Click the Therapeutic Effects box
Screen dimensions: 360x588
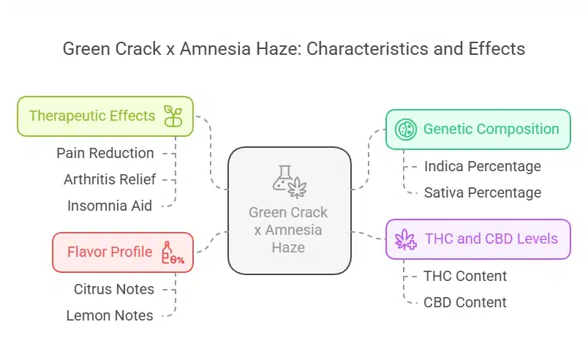click(x=105, y=116)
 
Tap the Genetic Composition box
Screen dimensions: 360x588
click(x=478, y=130)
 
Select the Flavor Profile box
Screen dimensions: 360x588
click(x=122, y=252)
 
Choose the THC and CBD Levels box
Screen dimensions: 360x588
click(x=478, y=239)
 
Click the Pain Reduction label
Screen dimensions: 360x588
click(x=105, y=154)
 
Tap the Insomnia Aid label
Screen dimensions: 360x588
click(x=110, y=206)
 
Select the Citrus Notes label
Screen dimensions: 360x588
click(x=114, y=289)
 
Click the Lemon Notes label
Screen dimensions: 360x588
click(x=110, y=315)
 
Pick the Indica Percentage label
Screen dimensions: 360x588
click(x=483, y=166)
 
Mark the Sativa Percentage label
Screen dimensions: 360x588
click(x=483, y=192)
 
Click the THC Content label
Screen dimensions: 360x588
click(x=465, y=276)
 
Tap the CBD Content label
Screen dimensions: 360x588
click(x=465, y=302)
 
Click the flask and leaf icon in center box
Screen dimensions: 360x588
click(x=289, y=182)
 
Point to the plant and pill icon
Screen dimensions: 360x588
click(x=173, y=116)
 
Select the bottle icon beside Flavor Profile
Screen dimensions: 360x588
click(x=171, y=252)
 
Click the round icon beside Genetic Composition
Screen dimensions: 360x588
click(x=406, y=130)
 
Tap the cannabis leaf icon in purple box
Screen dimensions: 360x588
click(x=404, y=239)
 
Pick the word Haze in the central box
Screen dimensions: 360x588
click(x=288, y=247)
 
